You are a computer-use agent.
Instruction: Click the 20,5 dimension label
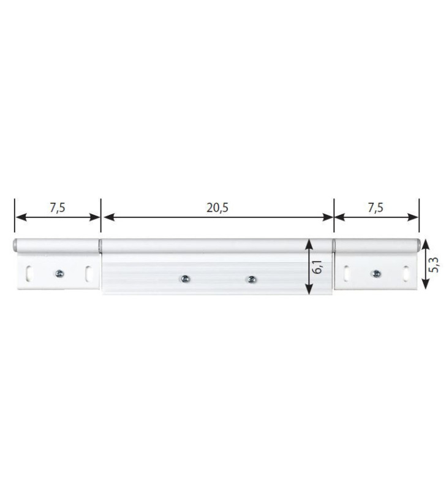217,207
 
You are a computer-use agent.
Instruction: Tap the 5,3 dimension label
434,265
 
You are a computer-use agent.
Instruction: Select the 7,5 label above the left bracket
57,207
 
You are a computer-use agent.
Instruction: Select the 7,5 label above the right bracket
376,207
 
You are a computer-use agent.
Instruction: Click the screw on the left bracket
59,274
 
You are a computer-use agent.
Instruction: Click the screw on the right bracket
376,274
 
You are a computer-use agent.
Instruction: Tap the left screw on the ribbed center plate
183,279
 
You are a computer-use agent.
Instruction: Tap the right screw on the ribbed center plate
250,279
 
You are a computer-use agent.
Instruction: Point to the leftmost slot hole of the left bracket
28,273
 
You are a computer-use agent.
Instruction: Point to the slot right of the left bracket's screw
89,273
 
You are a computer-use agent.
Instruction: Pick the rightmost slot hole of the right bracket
406,273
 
